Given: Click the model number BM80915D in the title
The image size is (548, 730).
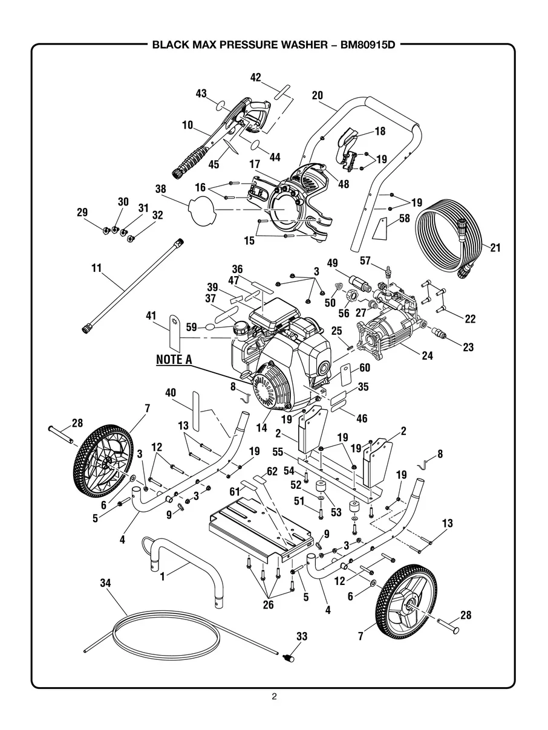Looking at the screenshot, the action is pyautogui.click(x=368, y=45).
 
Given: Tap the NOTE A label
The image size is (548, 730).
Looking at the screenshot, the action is pyautogui.click(x=174, y=359).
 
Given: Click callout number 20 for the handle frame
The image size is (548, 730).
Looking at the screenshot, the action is pyautogui.click(x=318, y=95).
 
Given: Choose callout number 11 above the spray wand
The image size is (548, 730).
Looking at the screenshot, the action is pyautogui.click(x=97, y=268).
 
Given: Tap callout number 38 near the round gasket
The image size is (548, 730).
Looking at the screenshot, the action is pyautogui.click(x=161, y=189).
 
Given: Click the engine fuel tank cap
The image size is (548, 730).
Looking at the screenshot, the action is pyautogui.click(x=241, y=329).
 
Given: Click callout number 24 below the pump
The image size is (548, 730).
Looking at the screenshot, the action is pyautogui.click(x=427, y=355).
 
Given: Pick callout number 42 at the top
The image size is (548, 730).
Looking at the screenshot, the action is pyautogui.click(x=255, y=77).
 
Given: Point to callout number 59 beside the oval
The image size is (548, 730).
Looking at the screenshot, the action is pyautogui.click(x=191, y=328).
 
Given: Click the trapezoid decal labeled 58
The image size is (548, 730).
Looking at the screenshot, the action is pyautogui.click(x=380, y=230).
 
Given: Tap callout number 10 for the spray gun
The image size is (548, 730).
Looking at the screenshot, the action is pyautogui.click(x=188, y=125).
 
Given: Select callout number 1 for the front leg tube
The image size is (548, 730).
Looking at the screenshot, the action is pyautogui.click(x=163, y=577).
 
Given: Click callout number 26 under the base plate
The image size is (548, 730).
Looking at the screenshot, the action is pyautogui.click(x=268, y=604).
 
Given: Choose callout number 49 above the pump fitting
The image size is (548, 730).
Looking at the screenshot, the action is pyautogui.click(x=333, y=263).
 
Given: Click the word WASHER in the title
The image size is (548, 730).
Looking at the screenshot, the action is pyautogui.click(x=304, y=45).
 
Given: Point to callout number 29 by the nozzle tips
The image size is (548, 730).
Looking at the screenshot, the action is pyautogui.click(x=82, y=212).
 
